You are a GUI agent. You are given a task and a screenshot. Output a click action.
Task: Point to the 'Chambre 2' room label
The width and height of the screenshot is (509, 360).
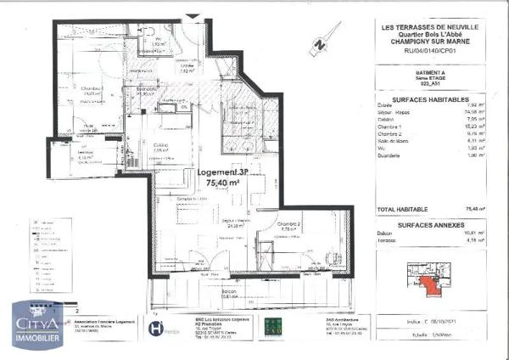(x=289, y=225)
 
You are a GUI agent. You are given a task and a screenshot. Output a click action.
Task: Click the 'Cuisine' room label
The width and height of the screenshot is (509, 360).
(x=160, y=148)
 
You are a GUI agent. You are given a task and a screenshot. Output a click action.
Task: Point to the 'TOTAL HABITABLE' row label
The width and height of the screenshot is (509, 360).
(x=402, y=208)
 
